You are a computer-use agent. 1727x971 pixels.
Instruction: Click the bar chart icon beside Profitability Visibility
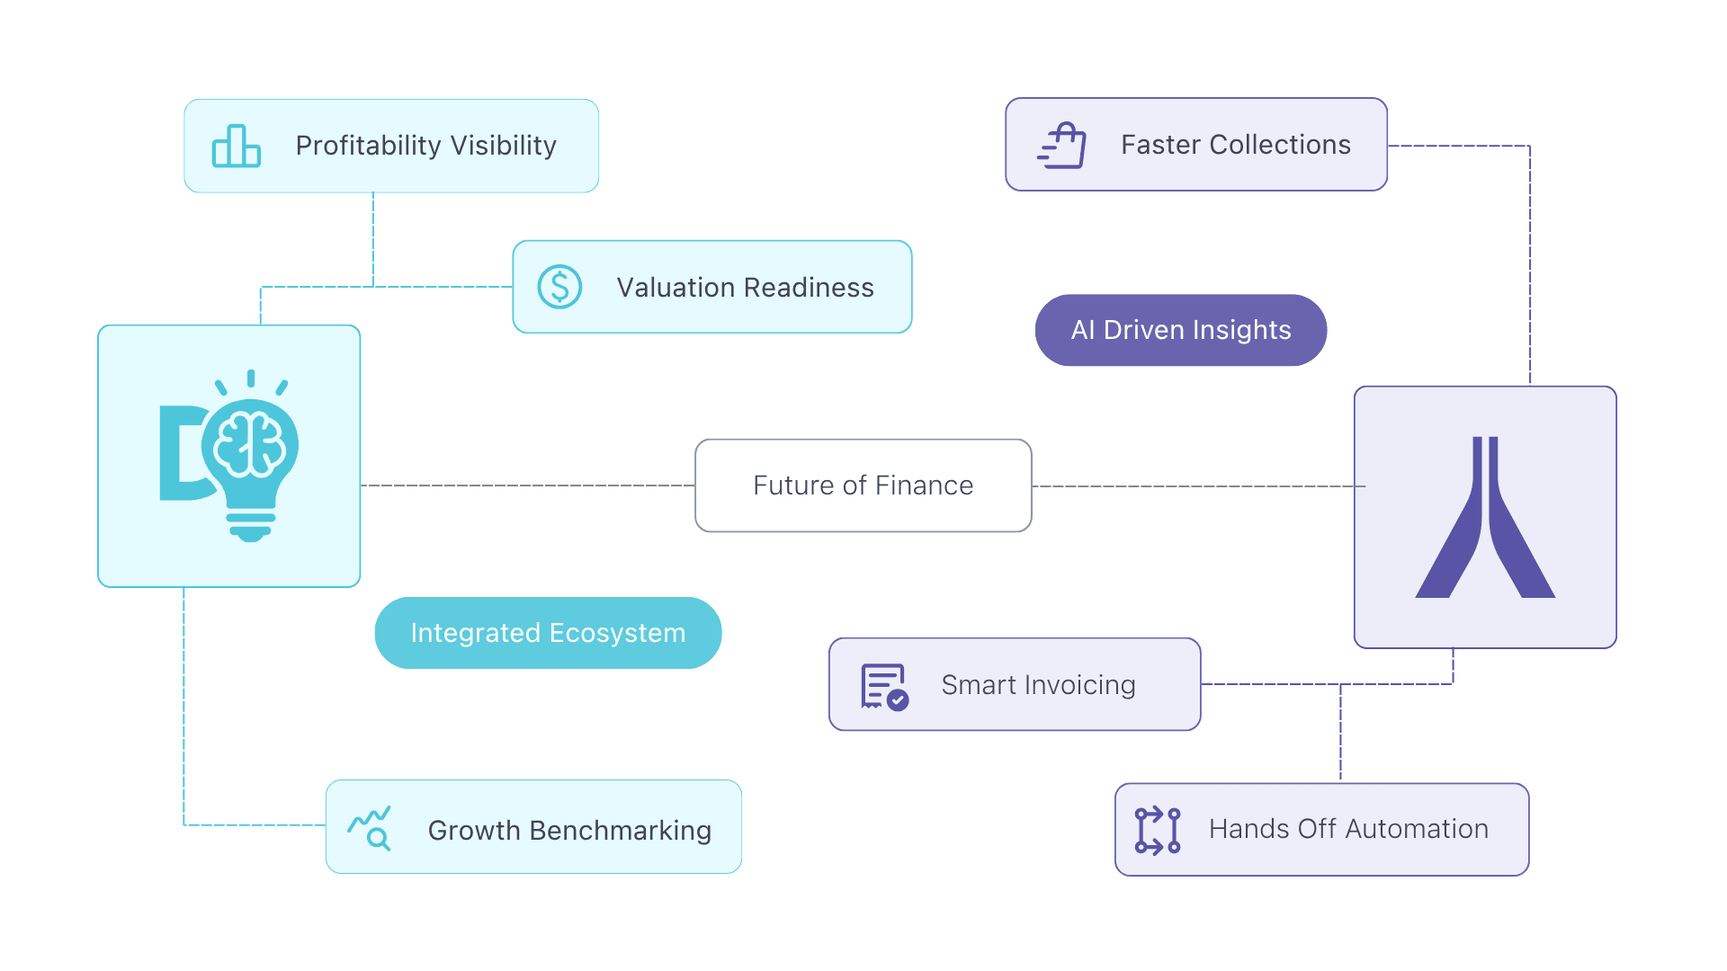coord(236,146)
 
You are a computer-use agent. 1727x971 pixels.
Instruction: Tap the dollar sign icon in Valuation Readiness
coord(559,287)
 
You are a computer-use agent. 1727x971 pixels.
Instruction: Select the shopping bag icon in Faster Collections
coord(1062,146)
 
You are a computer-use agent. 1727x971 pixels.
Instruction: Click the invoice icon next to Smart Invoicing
coord(884,687)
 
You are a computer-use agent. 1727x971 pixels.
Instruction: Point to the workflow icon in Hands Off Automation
coord(1158,830)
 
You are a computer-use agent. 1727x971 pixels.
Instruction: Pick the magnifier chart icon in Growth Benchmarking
coord(370,828)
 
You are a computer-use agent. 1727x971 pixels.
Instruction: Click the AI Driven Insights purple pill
coord(1180,330)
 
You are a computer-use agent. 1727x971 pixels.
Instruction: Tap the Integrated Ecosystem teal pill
coord(548,633)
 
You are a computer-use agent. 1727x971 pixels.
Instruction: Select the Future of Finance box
coord(863,485)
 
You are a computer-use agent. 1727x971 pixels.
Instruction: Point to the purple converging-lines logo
coord(1485,519)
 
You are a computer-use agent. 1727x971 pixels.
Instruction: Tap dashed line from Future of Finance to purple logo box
coord(1196,486)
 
